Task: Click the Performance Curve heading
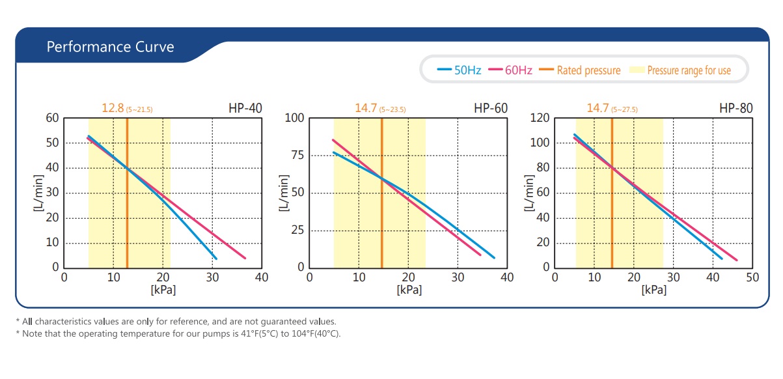(x=110, y=47)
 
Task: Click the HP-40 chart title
(x=246, y=108)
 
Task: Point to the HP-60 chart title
(x=491, y=108)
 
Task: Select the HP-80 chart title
(x=736, y=108)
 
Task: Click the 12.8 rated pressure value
(x=113, y=108)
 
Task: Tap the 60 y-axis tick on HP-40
(x=52, y=118)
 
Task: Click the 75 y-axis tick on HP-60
(x=297, y=156)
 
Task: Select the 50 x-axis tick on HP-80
(x=752, y=277)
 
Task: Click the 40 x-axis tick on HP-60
(x=507, y=277)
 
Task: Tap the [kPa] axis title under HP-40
(x=163, y=289)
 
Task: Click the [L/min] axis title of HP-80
(x=529, y=193)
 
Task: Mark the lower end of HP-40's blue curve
(x=215, y=259)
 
